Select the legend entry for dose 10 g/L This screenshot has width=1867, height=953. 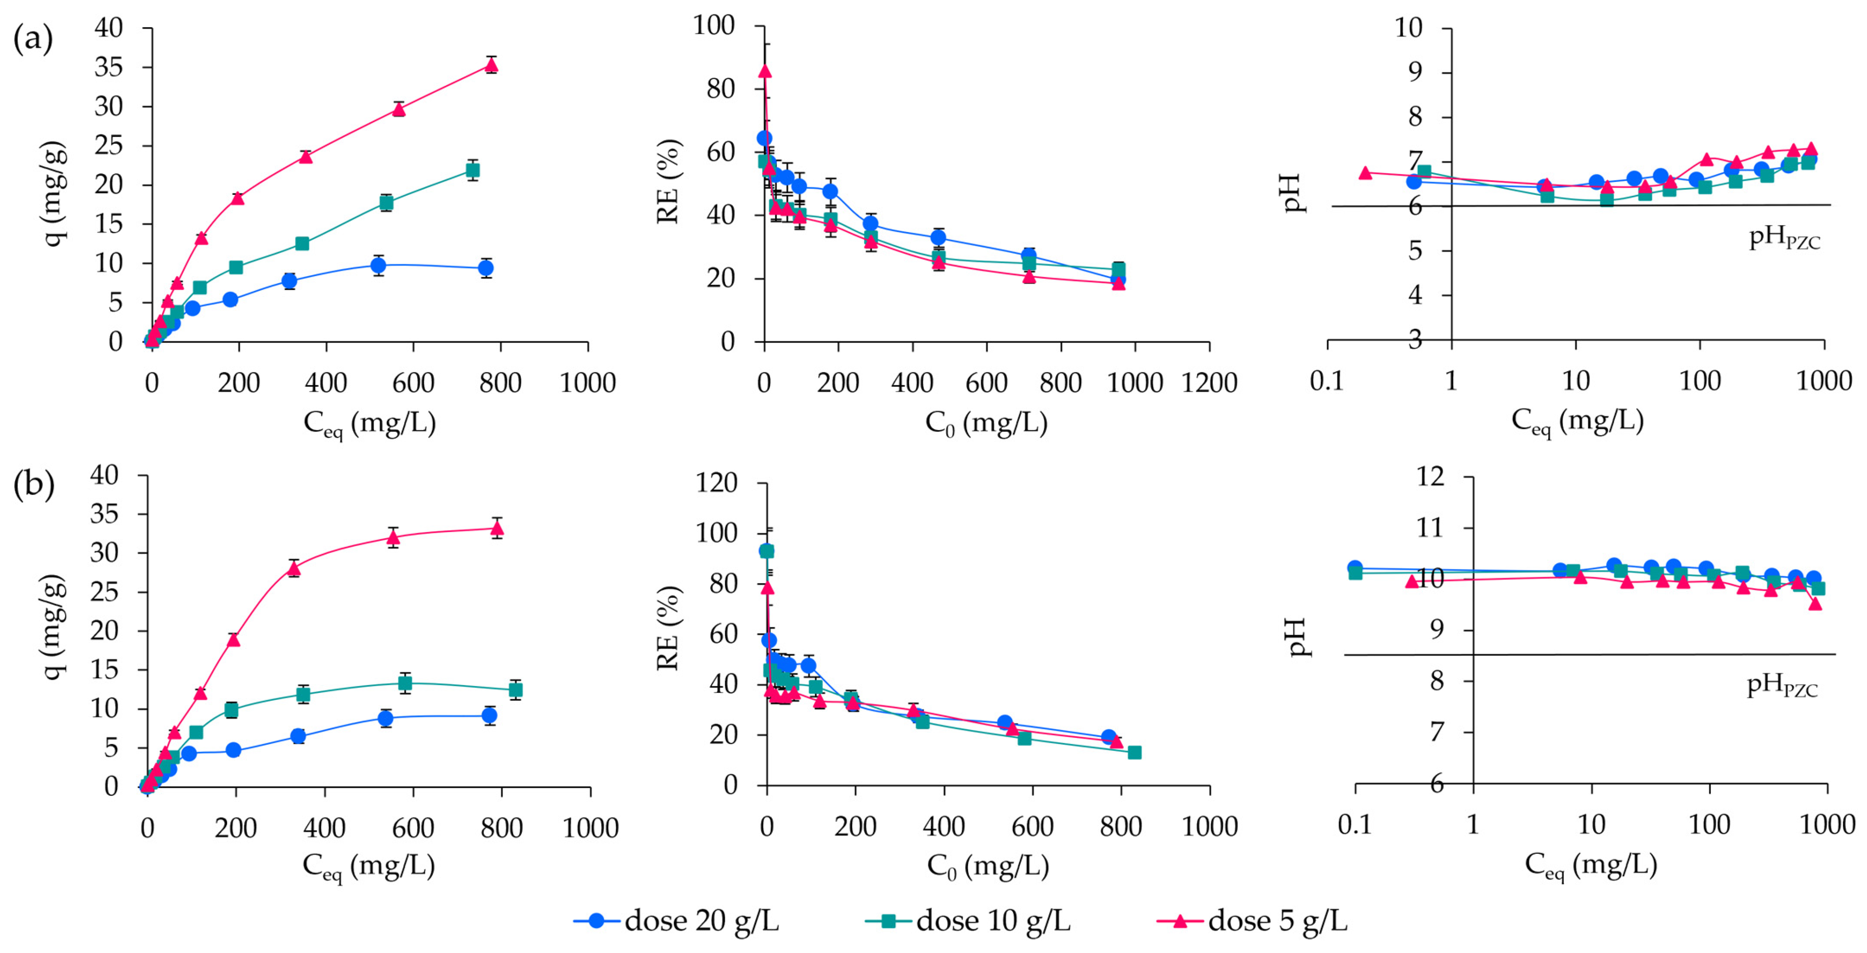[x=967, y=920]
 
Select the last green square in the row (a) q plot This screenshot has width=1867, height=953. [x=473, y=170]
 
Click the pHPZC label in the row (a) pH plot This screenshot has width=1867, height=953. [x=1784, y=238]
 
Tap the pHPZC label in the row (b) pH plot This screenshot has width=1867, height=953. [x=1782, y=685]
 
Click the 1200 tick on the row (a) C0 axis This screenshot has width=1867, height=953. [x=1209, y=383]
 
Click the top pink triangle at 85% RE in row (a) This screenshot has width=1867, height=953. [x=764, y=71]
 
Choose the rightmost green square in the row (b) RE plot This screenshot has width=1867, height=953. [x=1134, y=752]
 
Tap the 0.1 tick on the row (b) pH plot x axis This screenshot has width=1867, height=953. [x=1355, y=825]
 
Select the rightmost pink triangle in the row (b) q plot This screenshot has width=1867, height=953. [x=497, y=529]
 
